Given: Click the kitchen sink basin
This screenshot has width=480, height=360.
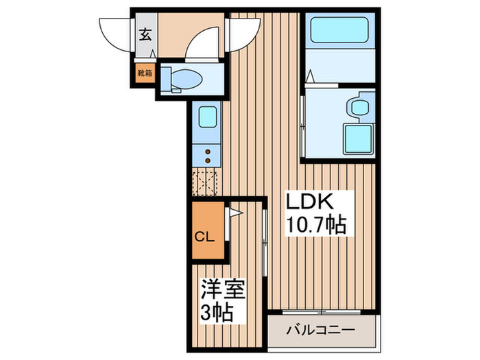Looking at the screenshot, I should (208, 116).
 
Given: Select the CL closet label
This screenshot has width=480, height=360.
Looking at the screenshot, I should (206, 237).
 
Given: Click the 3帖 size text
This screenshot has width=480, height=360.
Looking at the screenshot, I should (217, 313).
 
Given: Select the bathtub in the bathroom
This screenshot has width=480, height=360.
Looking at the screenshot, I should (340, 32).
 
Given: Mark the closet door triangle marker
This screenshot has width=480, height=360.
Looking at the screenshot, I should (233, 213).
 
